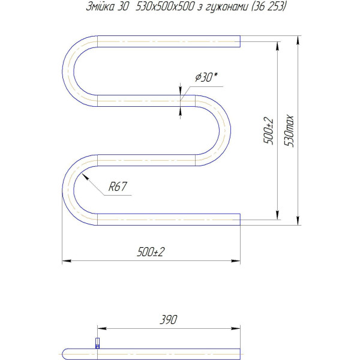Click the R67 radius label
[x=118, y=187]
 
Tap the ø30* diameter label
[x=206, y=77]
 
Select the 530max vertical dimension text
[x=289, y=131]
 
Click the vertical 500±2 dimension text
[x=268, y=131]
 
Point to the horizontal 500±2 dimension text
[x=151, y=252]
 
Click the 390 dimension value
[x=168, y=320]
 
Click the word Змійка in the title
[x=100, y=7]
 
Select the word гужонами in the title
[x=227, y=7]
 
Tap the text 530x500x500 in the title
[x=165, y=7]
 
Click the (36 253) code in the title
[x=269, y=7]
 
